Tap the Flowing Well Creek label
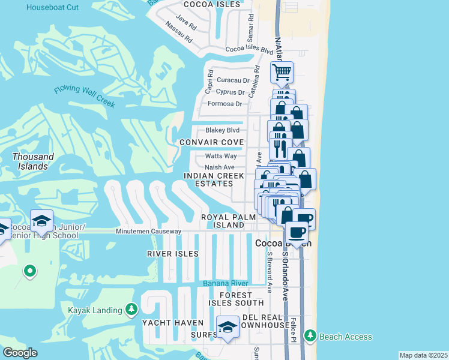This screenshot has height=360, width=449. pos(85,96)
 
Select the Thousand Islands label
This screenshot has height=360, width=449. pos(33,161)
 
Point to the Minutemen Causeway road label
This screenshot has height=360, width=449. pos(148,231)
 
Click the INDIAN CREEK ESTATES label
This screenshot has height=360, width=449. pos(214,179)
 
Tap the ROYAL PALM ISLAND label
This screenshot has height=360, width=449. pos(223,221)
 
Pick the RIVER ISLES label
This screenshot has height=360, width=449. pos(172,254)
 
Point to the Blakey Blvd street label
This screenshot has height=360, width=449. pos(222,130)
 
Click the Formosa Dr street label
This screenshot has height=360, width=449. pos(224,104)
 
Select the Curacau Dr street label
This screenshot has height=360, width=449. pos(233,80)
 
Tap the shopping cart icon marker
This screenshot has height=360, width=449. pos(282,73)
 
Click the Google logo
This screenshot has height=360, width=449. pos(20,353)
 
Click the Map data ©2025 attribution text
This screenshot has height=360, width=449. pos(423,355)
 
